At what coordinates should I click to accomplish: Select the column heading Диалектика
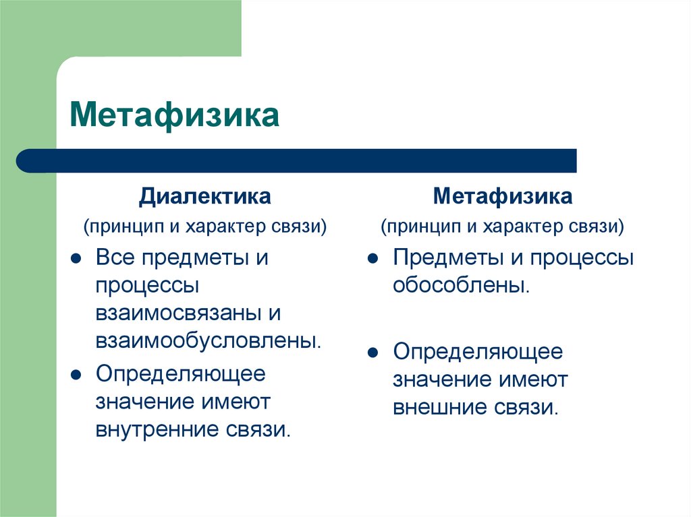205,197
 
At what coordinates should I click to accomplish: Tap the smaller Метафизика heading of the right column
503,197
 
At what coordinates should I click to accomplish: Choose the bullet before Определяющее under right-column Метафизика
372,353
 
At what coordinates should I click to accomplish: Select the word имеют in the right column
533,379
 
